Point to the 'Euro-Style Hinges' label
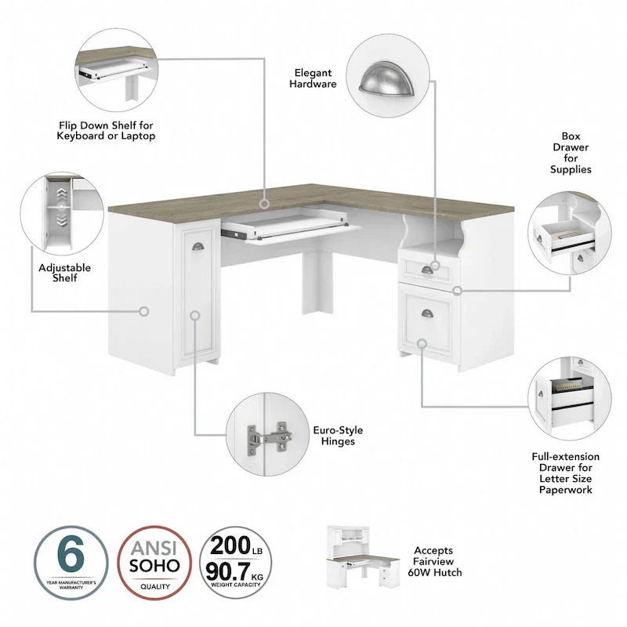[x=338, y=436]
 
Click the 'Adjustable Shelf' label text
[x=65, y=273]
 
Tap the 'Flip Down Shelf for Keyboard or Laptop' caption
[x=106, y=130]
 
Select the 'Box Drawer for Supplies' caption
[x=570, y=152]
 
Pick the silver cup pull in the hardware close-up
[x=386, y=82]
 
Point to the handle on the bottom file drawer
[x=427, y=313]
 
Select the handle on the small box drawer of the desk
[x=427, y=270]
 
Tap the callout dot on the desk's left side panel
[x=143, y=311]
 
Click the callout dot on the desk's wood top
[x=265, y=203]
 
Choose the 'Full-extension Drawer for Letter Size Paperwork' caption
[x=564, y=473]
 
